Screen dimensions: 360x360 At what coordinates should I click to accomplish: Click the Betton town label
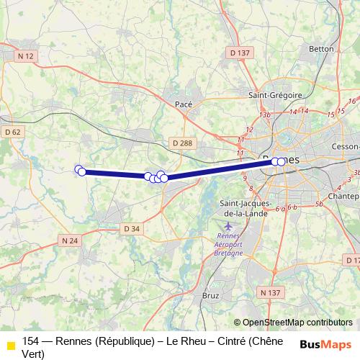click(321, 49)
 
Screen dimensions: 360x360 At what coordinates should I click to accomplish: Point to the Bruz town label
click(211, 295)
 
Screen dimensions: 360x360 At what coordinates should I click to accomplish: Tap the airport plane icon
click(228, 227)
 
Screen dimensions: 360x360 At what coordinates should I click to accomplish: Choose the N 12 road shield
click(27, 55)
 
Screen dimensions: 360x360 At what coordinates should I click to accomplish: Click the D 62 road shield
click(12, 132)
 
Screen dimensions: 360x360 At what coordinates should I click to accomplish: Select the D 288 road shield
click(182, 143)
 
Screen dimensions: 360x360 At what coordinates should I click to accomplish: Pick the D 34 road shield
click(131, 228)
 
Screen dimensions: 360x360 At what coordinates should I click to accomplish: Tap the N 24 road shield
click(70, 240)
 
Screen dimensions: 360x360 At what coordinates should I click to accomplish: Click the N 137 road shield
click(269, 292)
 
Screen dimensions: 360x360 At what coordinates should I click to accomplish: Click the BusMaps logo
click(325, 344)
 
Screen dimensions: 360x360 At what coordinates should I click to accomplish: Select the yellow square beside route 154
click(11, 346)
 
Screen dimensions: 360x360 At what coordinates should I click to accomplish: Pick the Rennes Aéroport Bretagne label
click(229, 245)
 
